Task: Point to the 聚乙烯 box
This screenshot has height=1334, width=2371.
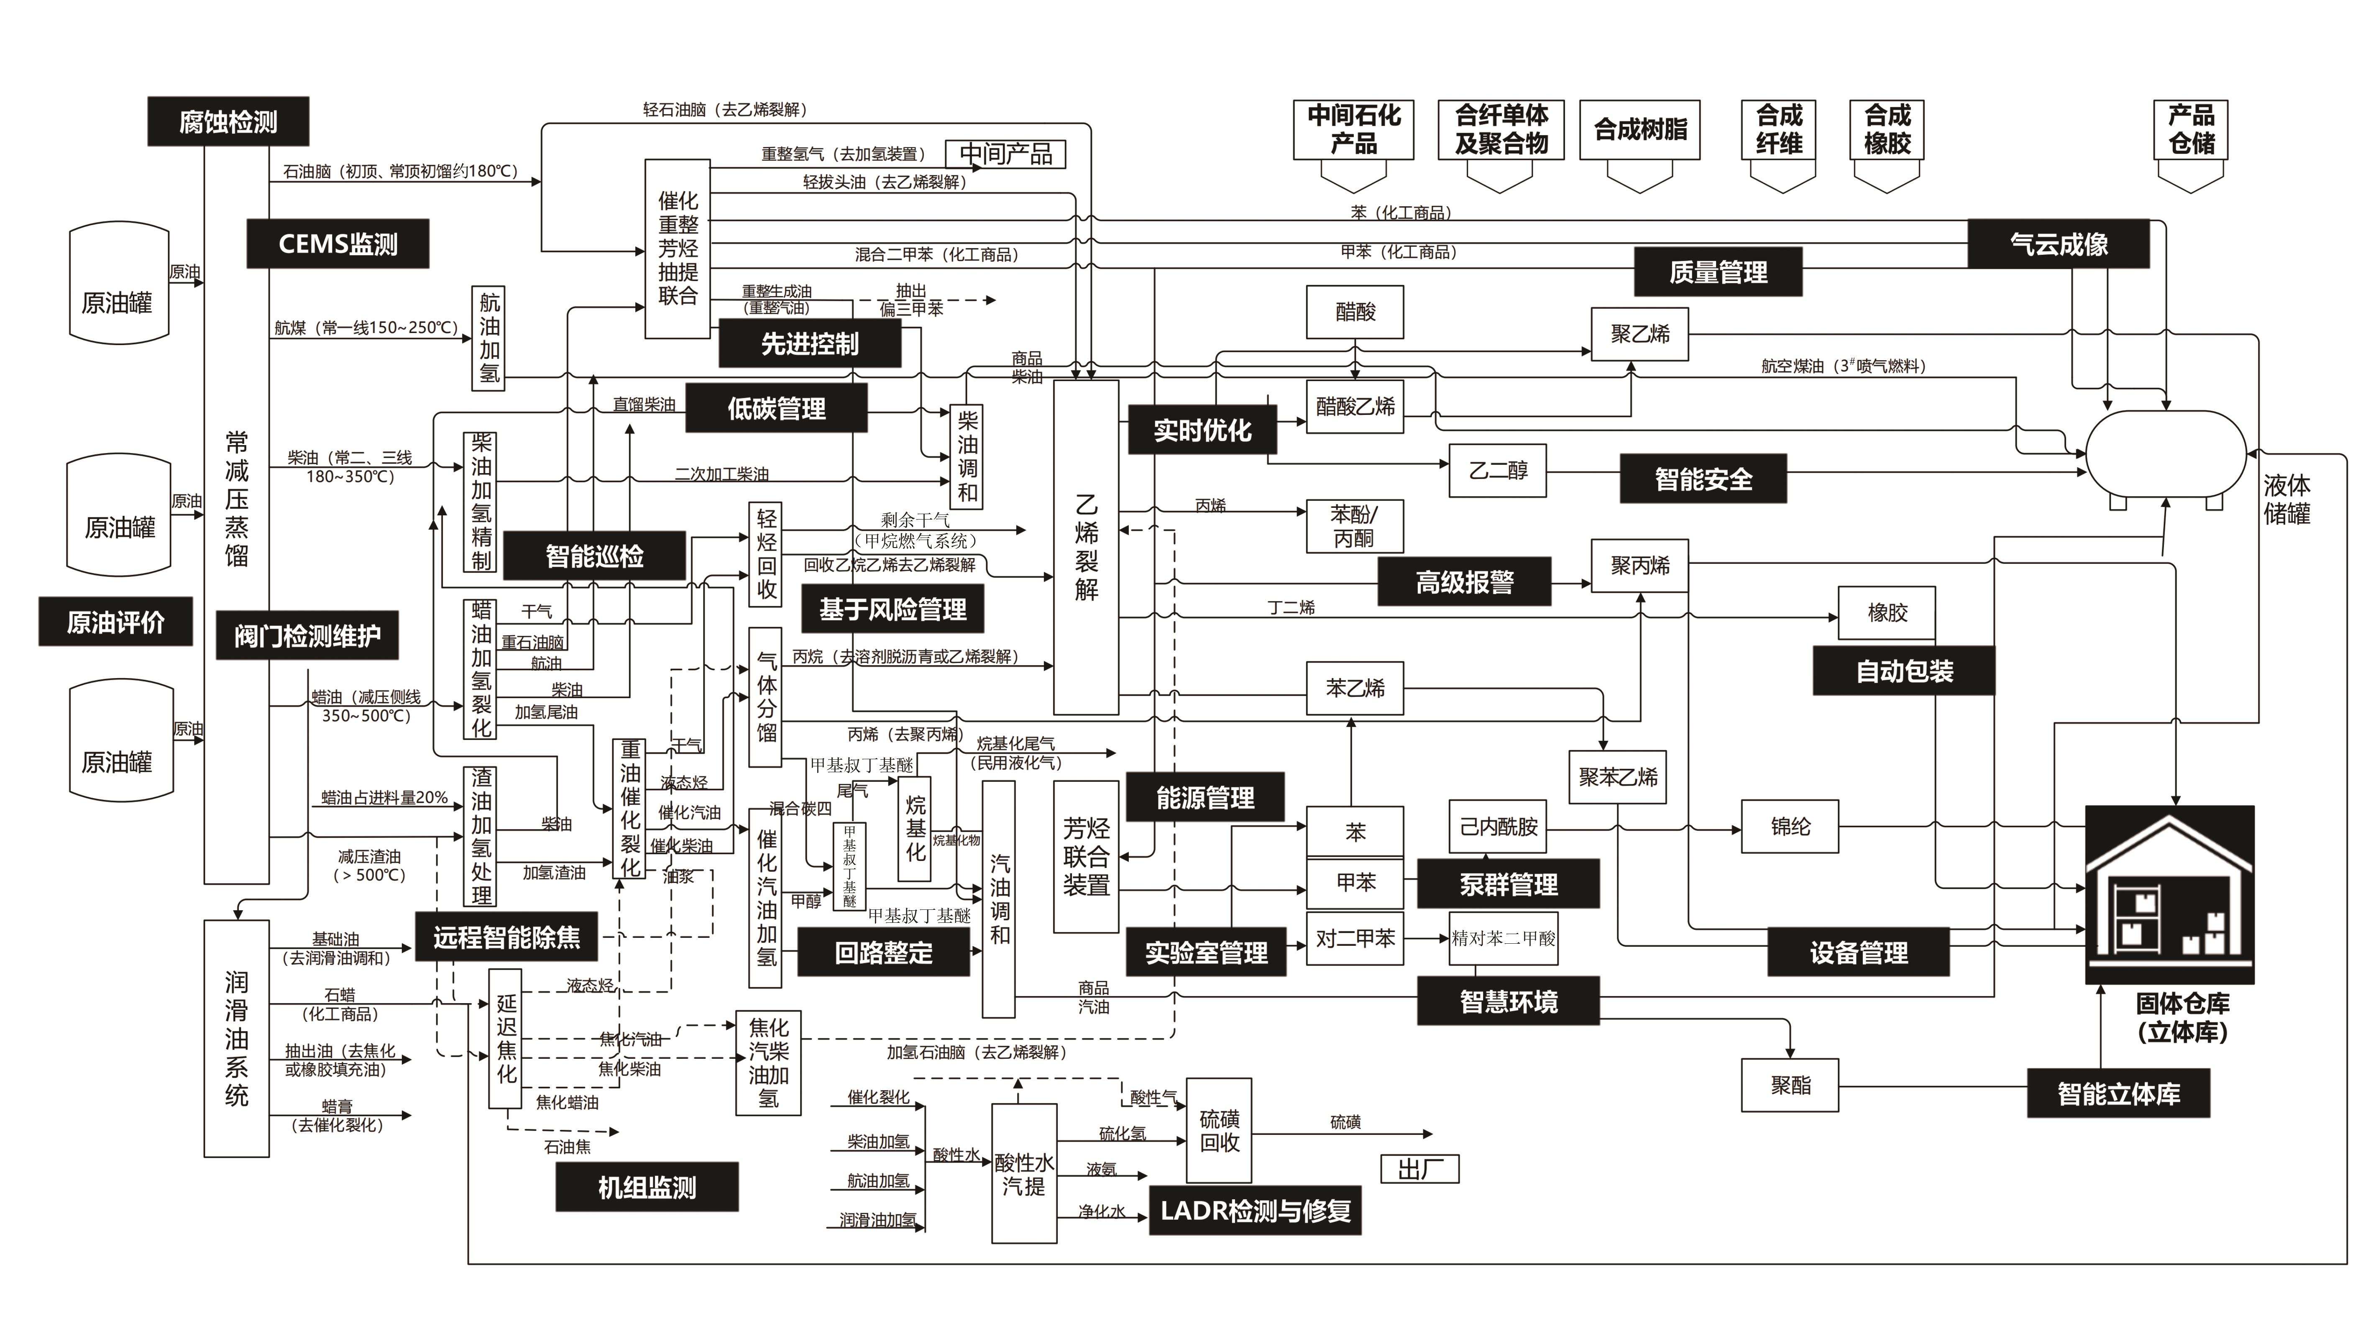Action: pyautogui.click(x=1639, y=333)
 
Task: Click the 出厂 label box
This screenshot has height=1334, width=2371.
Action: pyautogui.click(x=1419, y=1168)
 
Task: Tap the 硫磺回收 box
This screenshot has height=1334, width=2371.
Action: pyautogui.click(x=1219, y=1131)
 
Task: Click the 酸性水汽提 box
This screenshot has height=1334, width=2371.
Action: pyautogui.click(x=1023, y=1174)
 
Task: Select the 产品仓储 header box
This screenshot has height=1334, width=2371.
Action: pyautogui.click(x=2191, y=130)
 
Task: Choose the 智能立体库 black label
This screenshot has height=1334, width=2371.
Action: pyautogui.click(x=2118, y=1094)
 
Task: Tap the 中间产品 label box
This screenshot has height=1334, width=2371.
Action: pyautogui.click(x=1005, y=154)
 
